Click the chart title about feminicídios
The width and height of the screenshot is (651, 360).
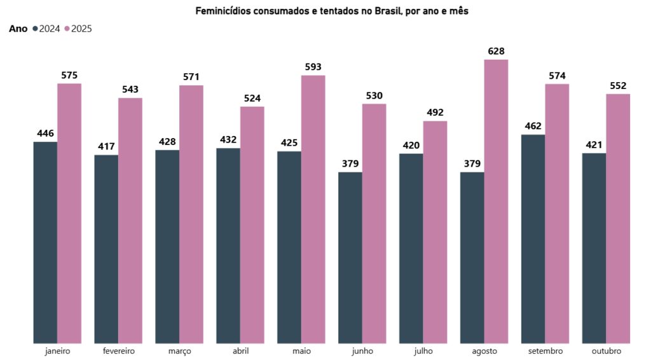click(332, 11)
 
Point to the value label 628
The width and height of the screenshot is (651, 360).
click(496, 52)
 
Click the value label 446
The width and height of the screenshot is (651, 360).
click(45, 134)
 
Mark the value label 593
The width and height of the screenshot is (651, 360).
click(313, 67)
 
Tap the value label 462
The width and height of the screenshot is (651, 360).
click(533, 126)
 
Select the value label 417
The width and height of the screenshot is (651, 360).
click(106, 146)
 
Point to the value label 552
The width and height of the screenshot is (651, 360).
click(618, 86)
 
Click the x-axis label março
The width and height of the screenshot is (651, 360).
click(179, 351)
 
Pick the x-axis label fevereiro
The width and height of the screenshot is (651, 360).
click(118, 351)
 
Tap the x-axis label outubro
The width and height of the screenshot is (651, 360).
click(606, 351)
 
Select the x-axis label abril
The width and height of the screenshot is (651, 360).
click(240, 351)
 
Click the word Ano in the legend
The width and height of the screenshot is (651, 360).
click(18, 29)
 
